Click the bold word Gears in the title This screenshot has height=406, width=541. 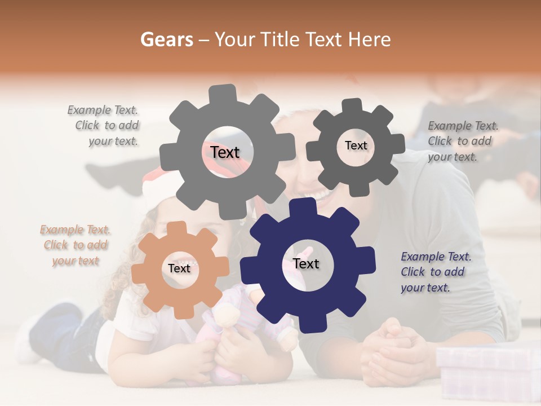pyautogui.click(x=166, y=39)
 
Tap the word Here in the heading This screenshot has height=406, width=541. pyautogui.click(x=370, y=39)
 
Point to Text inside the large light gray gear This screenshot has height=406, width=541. pyautogui.click(x=225, y=152)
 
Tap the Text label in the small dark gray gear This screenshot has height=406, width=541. pyautogui.click(x=356, y=145)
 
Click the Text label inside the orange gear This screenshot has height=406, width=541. pyautogui.click(x=179, y=268)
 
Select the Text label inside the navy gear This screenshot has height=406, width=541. pyautogui.click(x=306, y=264)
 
